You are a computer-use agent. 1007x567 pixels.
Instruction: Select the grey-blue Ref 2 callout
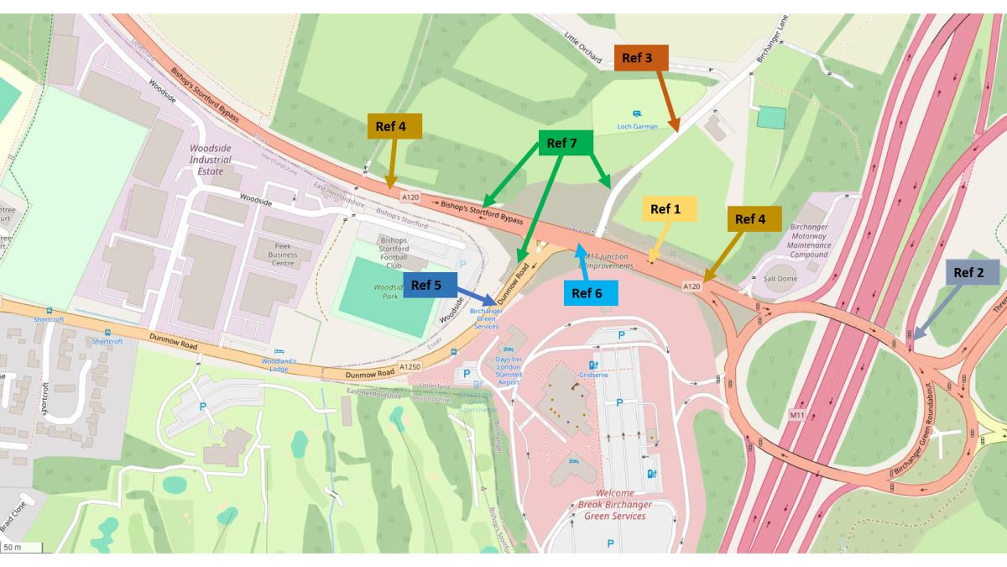[974, 272]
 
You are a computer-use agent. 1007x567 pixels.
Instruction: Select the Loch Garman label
[637, 126]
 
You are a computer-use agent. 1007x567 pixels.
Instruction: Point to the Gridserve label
[593, 375]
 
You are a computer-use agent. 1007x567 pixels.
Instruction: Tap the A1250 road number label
[410, 367]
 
